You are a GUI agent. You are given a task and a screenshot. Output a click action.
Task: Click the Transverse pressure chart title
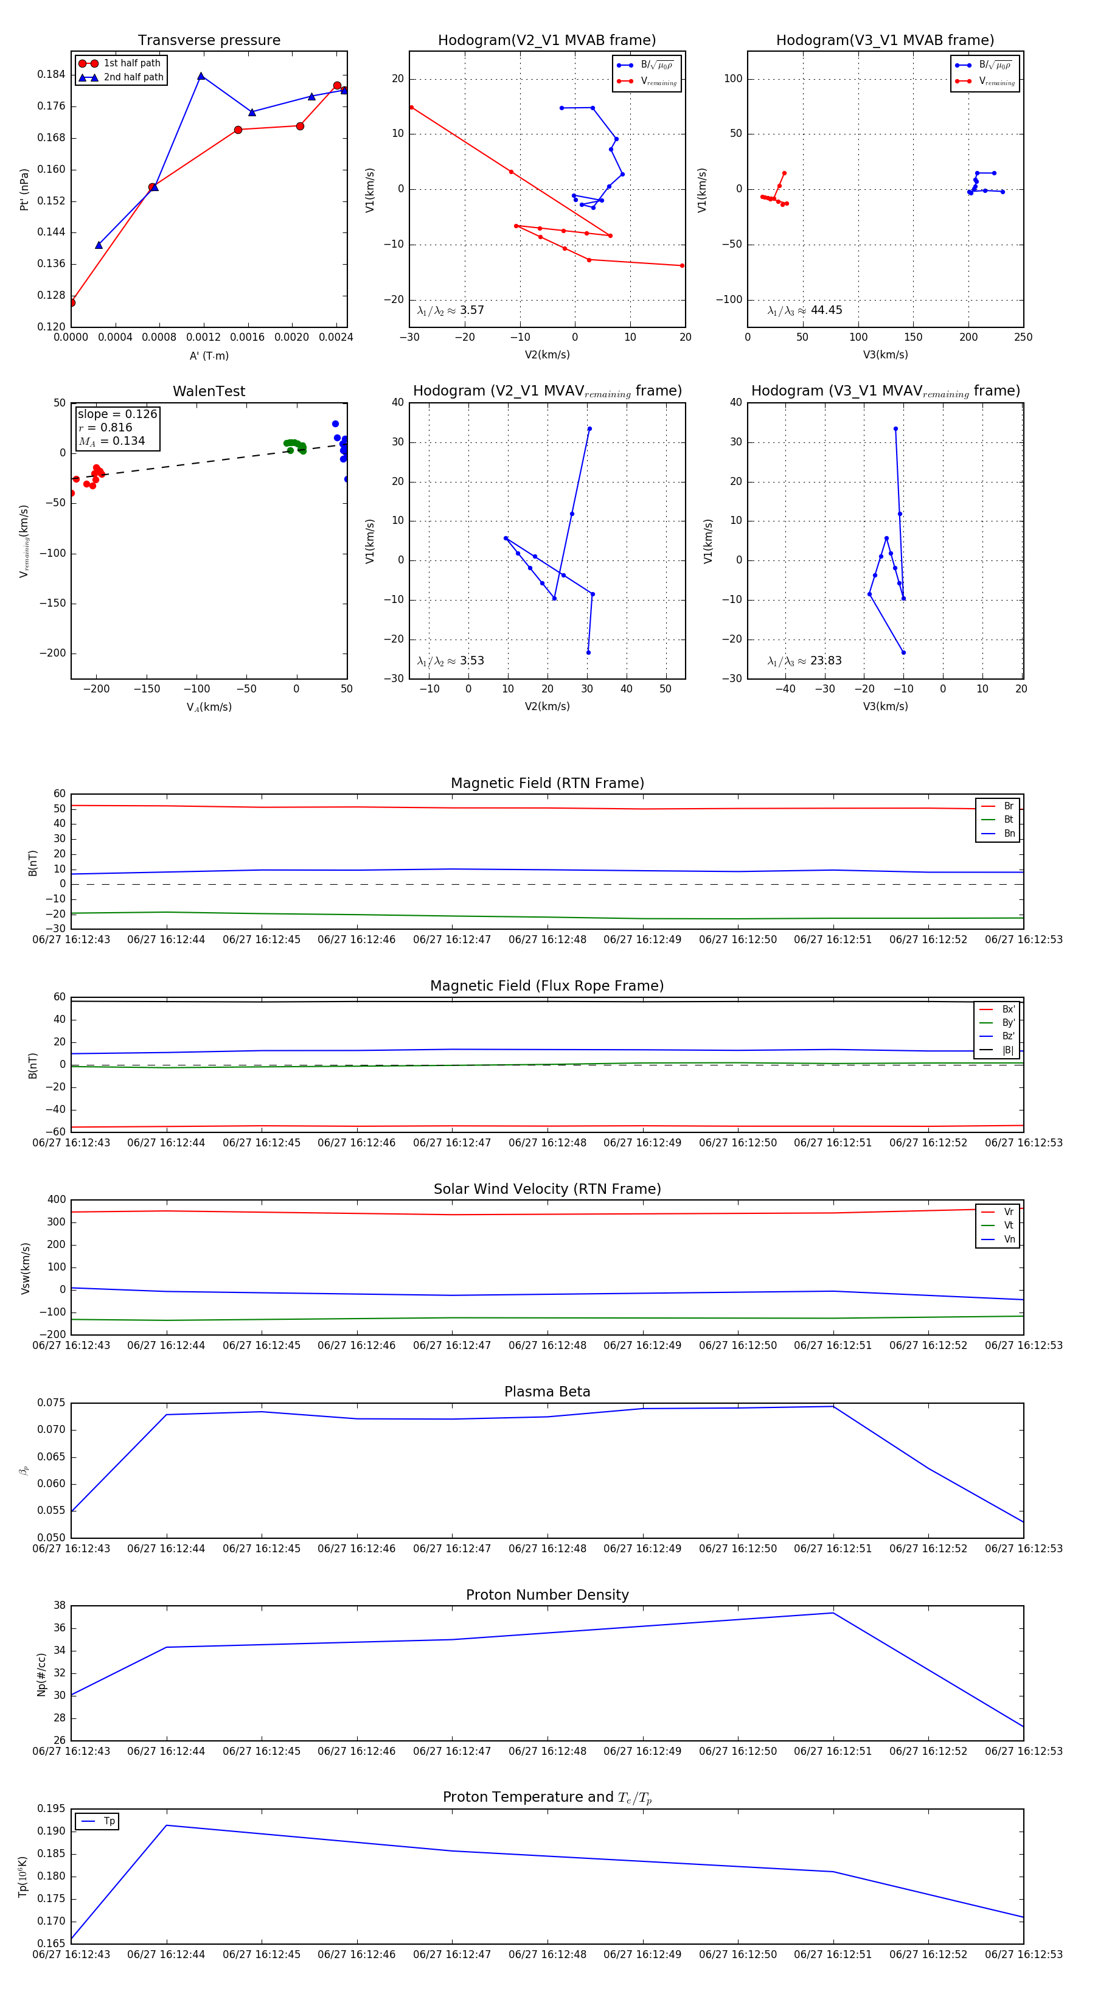[209, 41]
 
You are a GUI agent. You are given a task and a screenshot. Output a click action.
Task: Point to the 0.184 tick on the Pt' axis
[52, 75]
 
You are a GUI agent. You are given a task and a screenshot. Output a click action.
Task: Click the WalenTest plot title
[209, 391]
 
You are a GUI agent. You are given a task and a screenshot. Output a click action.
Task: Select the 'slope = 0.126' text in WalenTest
[117, 414]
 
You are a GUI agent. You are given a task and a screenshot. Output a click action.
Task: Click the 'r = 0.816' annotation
[105, 427]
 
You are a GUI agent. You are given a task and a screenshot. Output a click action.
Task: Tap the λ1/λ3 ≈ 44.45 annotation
[804, 310]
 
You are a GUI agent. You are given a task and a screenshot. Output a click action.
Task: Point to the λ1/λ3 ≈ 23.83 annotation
[804, 661]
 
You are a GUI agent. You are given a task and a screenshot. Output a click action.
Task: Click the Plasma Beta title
[547, 1392]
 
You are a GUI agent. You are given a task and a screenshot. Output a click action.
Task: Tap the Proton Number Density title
[547, 1595]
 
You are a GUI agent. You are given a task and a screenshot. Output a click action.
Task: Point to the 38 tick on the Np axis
[59, 1606]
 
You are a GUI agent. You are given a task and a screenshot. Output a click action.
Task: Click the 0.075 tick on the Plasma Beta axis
[52, 1403]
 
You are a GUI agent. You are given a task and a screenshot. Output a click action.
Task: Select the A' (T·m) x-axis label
[209, 355]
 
